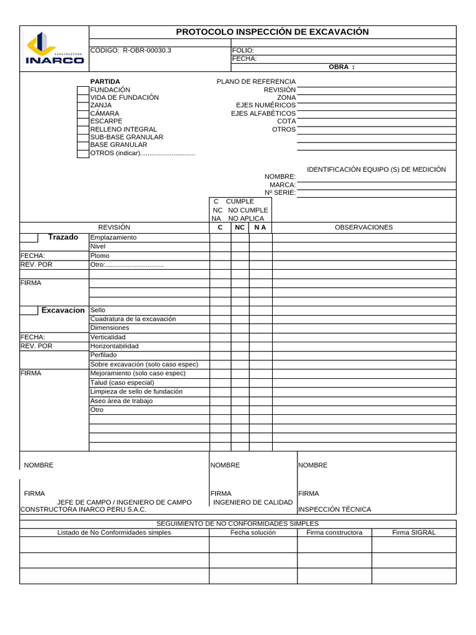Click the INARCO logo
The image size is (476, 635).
click(55, 49)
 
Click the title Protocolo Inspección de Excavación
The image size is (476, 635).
click(272, 32)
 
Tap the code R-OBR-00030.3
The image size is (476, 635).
click(131, 50)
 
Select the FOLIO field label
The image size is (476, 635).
click(243, 50)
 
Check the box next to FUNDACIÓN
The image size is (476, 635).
click(83, 90)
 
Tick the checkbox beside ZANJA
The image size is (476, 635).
click(83, 105)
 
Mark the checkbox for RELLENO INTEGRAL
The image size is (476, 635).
click(83, 129)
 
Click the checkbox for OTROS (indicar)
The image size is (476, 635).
click(83, 153)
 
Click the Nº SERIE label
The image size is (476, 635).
click(280, 192)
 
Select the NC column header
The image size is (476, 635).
click(240, 228)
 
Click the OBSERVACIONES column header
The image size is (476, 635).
click(364, 228)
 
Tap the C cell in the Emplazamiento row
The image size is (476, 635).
click(220, 238)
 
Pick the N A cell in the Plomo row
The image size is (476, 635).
click(260, 255)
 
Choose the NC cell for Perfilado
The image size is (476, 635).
click(240, 355)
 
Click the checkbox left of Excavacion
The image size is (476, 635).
click(29, 310)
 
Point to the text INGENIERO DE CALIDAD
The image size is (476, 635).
click(252, 502)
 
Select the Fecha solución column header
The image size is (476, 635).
click(253, 533)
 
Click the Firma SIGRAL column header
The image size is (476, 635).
click(413, 533)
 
